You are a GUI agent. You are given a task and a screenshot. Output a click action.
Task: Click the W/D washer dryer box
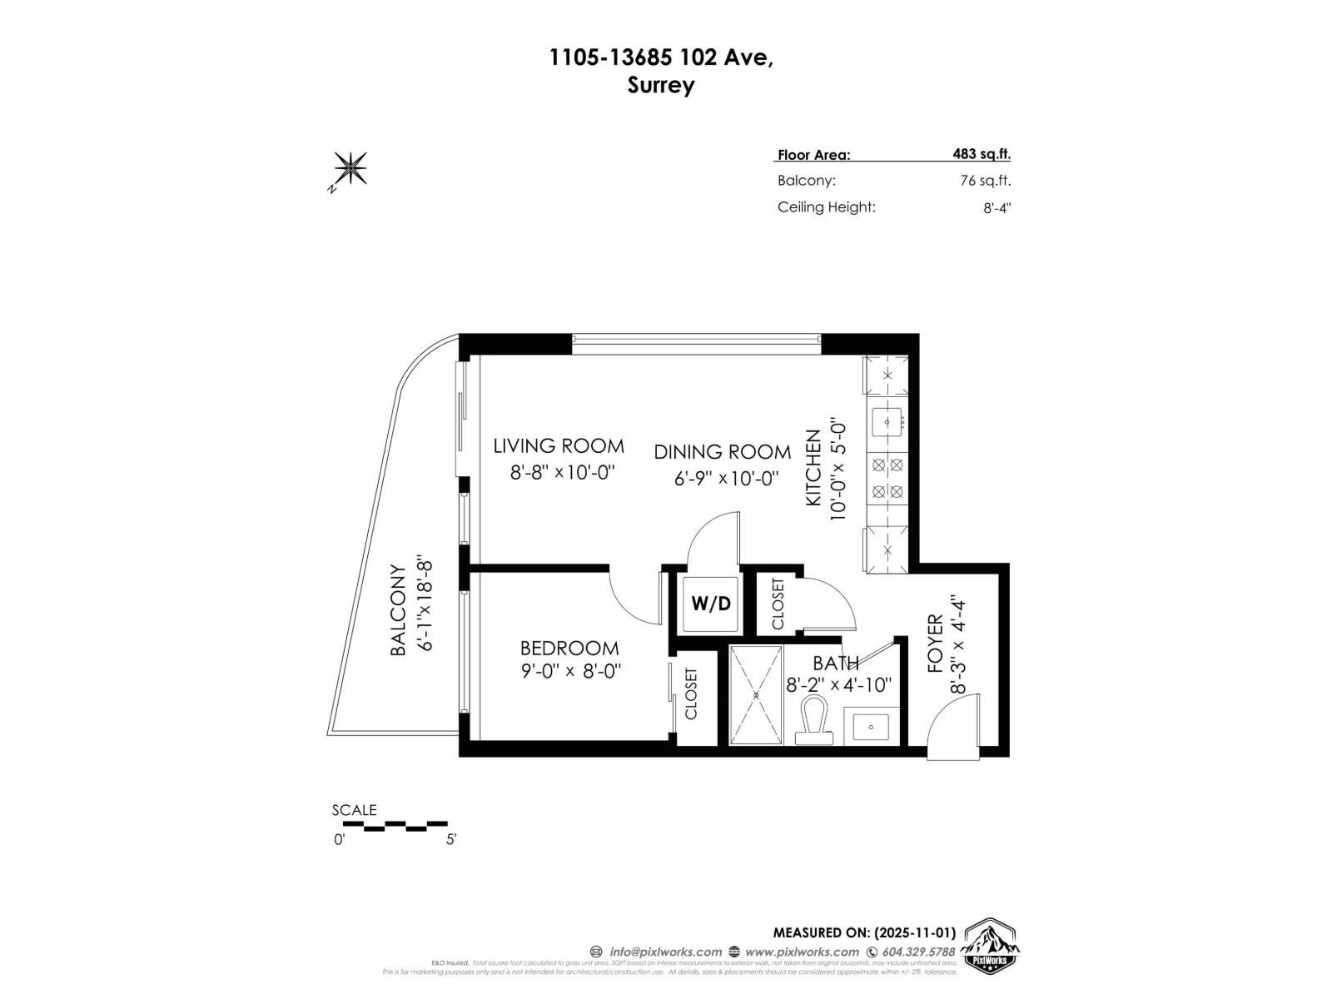pyautogui.click(x=710, y=604)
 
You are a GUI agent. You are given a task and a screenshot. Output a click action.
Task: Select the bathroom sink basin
pyautogui.click(x=871, y=727)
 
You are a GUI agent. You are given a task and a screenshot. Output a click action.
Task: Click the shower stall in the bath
pyautogui.click(x=756, y=694)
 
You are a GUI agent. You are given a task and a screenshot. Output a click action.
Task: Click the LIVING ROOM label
pyautogui.click(x=559, y=445)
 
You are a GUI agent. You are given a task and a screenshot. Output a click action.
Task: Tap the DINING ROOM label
pyautogui.click(x=722, y=452)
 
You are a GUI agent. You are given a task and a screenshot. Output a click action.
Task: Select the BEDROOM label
pyautogui.click(x=569, y=648)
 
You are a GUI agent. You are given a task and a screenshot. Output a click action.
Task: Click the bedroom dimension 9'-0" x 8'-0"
pyautogui.click(x=571, y=671)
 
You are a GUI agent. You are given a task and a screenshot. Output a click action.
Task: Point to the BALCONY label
pyautogui.click(x=398, y=610)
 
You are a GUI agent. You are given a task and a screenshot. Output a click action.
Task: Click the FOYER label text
pyautogui.click(x=935, y=644)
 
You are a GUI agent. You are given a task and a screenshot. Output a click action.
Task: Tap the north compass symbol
pyautogui.click(x=350, y=169)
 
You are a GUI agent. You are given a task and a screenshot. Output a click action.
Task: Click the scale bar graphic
pyautogui.click(x=395, y=825)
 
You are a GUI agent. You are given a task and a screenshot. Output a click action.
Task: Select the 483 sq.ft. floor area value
pyautogui.click(x=982, y=153)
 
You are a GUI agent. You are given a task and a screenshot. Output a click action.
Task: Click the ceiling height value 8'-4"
pyautogui.click(x=996, y=207)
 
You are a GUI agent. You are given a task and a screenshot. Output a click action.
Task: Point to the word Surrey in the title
pyautogui.click(x=661, y=85)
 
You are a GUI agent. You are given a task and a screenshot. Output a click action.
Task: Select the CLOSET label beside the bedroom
pyautogui.click(x=691, y=693)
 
